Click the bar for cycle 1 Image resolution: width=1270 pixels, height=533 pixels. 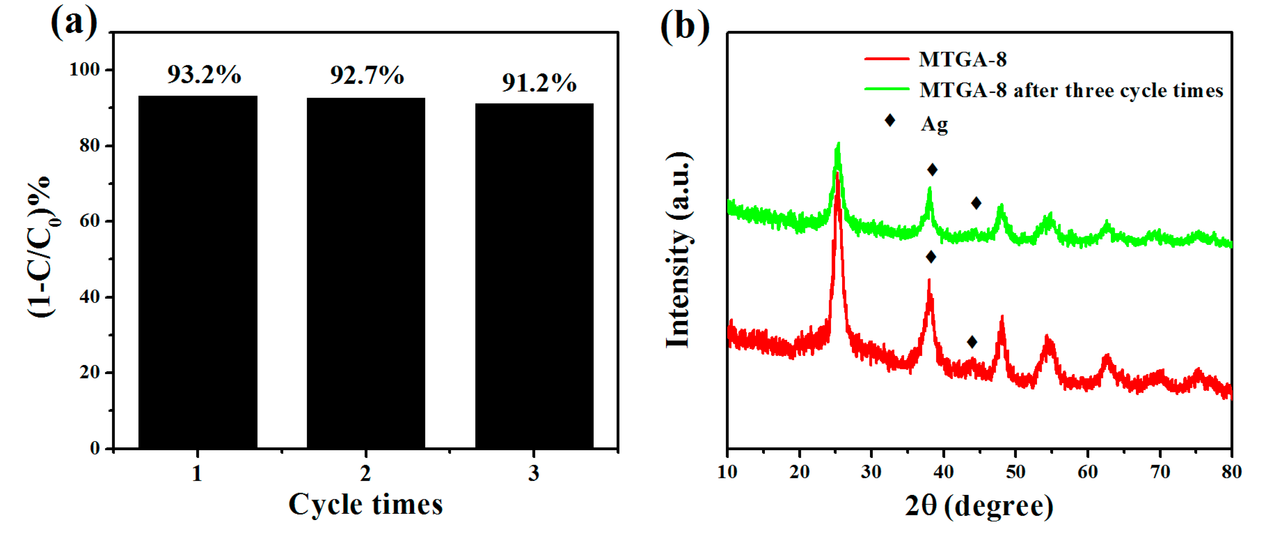pos(198,272)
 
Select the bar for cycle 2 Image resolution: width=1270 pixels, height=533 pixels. pos(366,272)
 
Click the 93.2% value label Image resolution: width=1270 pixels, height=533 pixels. pos(204,75)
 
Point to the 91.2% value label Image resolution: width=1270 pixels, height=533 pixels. pos(539,82)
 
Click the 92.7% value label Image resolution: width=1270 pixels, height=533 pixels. pos(367,75)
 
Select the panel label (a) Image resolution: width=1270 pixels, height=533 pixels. pos(74,23)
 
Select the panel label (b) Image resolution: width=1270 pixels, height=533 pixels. pos(685,26)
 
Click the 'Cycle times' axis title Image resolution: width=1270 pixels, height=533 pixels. pos(365,504)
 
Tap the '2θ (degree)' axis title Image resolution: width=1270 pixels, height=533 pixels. pos(979,506)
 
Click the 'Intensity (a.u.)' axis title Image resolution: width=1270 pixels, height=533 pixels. pos(679,250)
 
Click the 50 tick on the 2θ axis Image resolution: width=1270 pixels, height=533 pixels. pos(1015,472)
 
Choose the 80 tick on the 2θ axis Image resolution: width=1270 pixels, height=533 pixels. pos(1231,472)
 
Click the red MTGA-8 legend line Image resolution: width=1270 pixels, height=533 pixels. pos(886,59)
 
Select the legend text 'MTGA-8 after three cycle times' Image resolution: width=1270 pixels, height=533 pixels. pos(1071,90)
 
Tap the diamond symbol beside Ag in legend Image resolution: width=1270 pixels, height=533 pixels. pos(890,120)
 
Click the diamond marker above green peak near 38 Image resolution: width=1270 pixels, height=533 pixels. pos(932,170)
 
